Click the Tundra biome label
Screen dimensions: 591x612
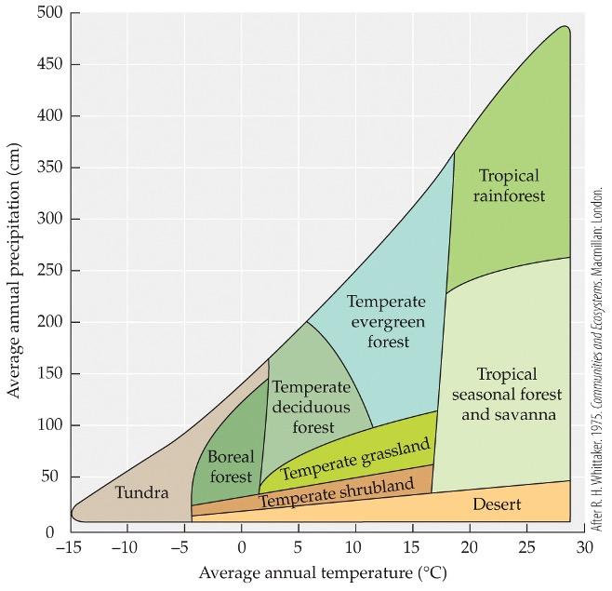point(141,492)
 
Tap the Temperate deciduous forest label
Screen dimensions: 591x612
point(312,407)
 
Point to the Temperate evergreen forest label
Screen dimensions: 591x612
point(386,321)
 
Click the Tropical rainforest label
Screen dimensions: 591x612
point(509,185)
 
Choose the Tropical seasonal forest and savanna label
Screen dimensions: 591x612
point(509,394)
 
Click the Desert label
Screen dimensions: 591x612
point(497,505)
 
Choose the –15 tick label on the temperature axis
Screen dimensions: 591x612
point(69,547)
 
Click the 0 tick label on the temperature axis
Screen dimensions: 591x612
point(242,547)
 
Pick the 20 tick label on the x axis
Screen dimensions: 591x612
point(471,547)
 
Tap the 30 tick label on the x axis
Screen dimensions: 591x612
point(585,547)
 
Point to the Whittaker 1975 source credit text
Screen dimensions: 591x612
point(598,358)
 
